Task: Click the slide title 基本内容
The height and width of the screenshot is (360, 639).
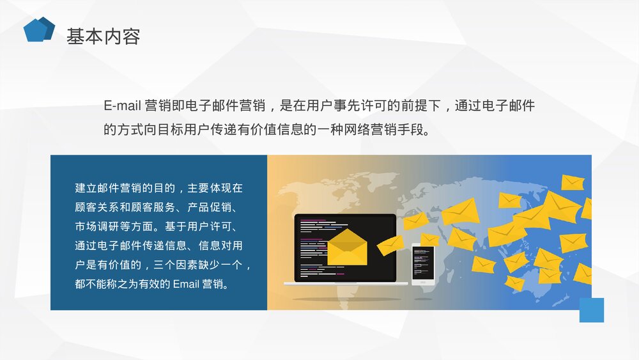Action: coord(103,36)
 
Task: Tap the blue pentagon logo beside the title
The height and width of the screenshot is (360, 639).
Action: coord(38,29)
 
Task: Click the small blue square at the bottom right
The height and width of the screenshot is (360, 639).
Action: coord(591,310)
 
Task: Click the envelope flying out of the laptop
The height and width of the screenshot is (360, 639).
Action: coord(389,245)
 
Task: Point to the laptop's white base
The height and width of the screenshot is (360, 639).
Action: coord(346,284)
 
